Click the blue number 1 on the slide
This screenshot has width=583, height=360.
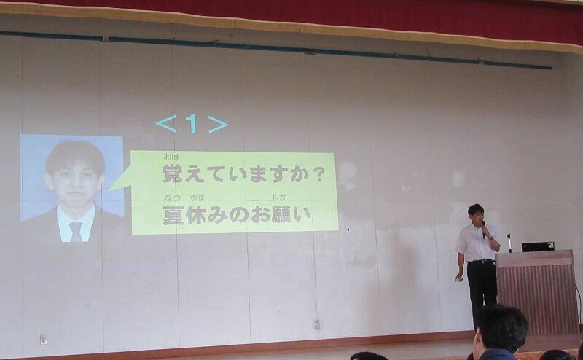[192, 124]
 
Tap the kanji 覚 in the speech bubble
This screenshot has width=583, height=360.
[173, 173]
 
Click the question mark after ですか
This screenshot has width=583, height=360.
[318, 175]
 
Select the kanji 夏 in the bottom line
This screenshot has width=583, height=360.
[173, 216]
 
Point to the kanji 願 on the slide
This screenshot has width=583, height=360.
[282, 214]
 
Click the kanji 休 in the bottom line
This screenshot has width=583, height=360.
[195, 216]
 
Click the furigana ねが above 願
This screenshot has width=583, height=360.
[281, 197]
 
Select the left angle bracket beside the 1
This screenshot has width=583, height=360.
[166, 124]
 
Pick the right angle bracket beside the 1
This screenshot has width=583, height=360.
[218, 124]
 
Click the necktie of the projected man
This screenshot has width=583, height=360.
[76, 231]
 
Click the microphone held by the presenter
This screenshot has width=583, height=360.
[483, 230]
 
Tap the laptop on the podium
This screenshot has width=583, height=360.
[538, 246]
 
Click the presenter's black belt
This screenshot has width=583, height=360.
[481, 262]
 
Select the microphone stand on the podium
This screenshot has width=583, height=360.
[509, 243]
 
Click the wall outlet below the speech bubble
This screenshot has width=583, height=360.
[317, 325]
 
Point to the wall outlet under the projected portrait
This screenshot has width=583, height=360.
[44, 340]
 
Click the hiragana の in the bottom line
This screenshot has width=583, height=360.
[239, 216]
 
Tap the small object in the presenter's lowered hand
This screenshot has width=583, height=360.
[460, 278]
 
